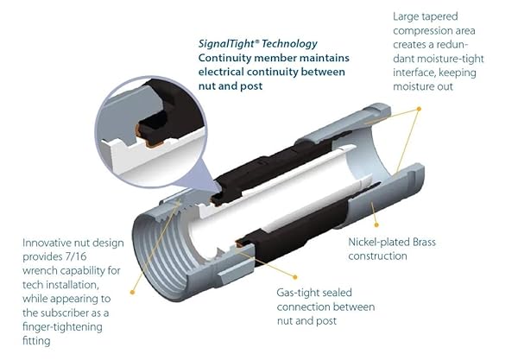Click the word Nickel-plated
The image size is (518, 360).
click(x=374, y=242)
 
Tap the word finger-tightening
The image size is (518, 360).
click(x=62, y=327)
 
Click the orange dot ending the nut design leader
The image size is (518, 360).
click(x=132, y=292)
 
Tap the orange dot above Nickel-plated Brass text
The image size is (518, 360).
click(x=376, y=225)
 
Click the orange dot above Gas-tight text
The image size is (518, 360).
click(x=295, y=277)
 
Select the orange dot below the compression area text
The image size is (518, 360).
click(x=419, y=109)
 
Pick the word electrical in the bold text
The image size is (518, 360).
click(x=221, y=72)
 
